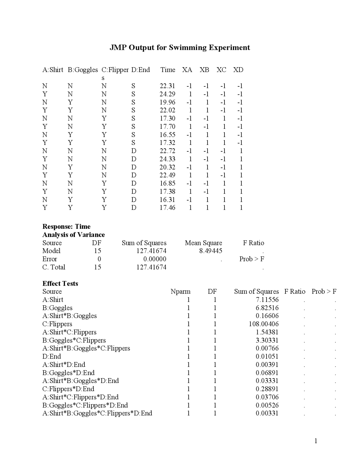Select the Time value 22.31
(x=167, y=86)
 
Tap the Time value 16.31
(x=167, y=200)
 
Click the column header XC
(x=221, y=70)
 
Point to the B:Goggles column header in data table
(x=83, y=70)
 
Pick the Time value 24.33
(x=167, y=159)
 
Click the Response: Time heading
(x=66, y=227)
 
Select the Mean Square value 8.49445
(x=211, y=251)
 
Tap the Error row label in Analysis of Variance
(x=49, y=259)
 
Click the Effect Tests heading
(x=60, y=283)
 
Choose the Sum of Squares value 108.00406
(x=264, y=324)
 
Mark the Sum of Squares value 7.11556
(x=267, y=300)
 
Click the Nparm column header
(x=180, y=292)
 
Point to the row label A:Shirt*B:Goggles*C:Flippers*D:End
(x=97, y=413)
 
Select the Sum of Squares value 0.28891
(x=267, y=389)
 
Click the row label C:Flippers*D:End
(x=68, y=389)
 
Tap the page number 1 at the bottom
(x=316, y=441)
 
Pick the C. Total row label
(x=54, y=267)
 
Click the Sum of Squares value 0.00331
(x=267, y=413)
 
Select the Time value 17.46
(x=167, y=208)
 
